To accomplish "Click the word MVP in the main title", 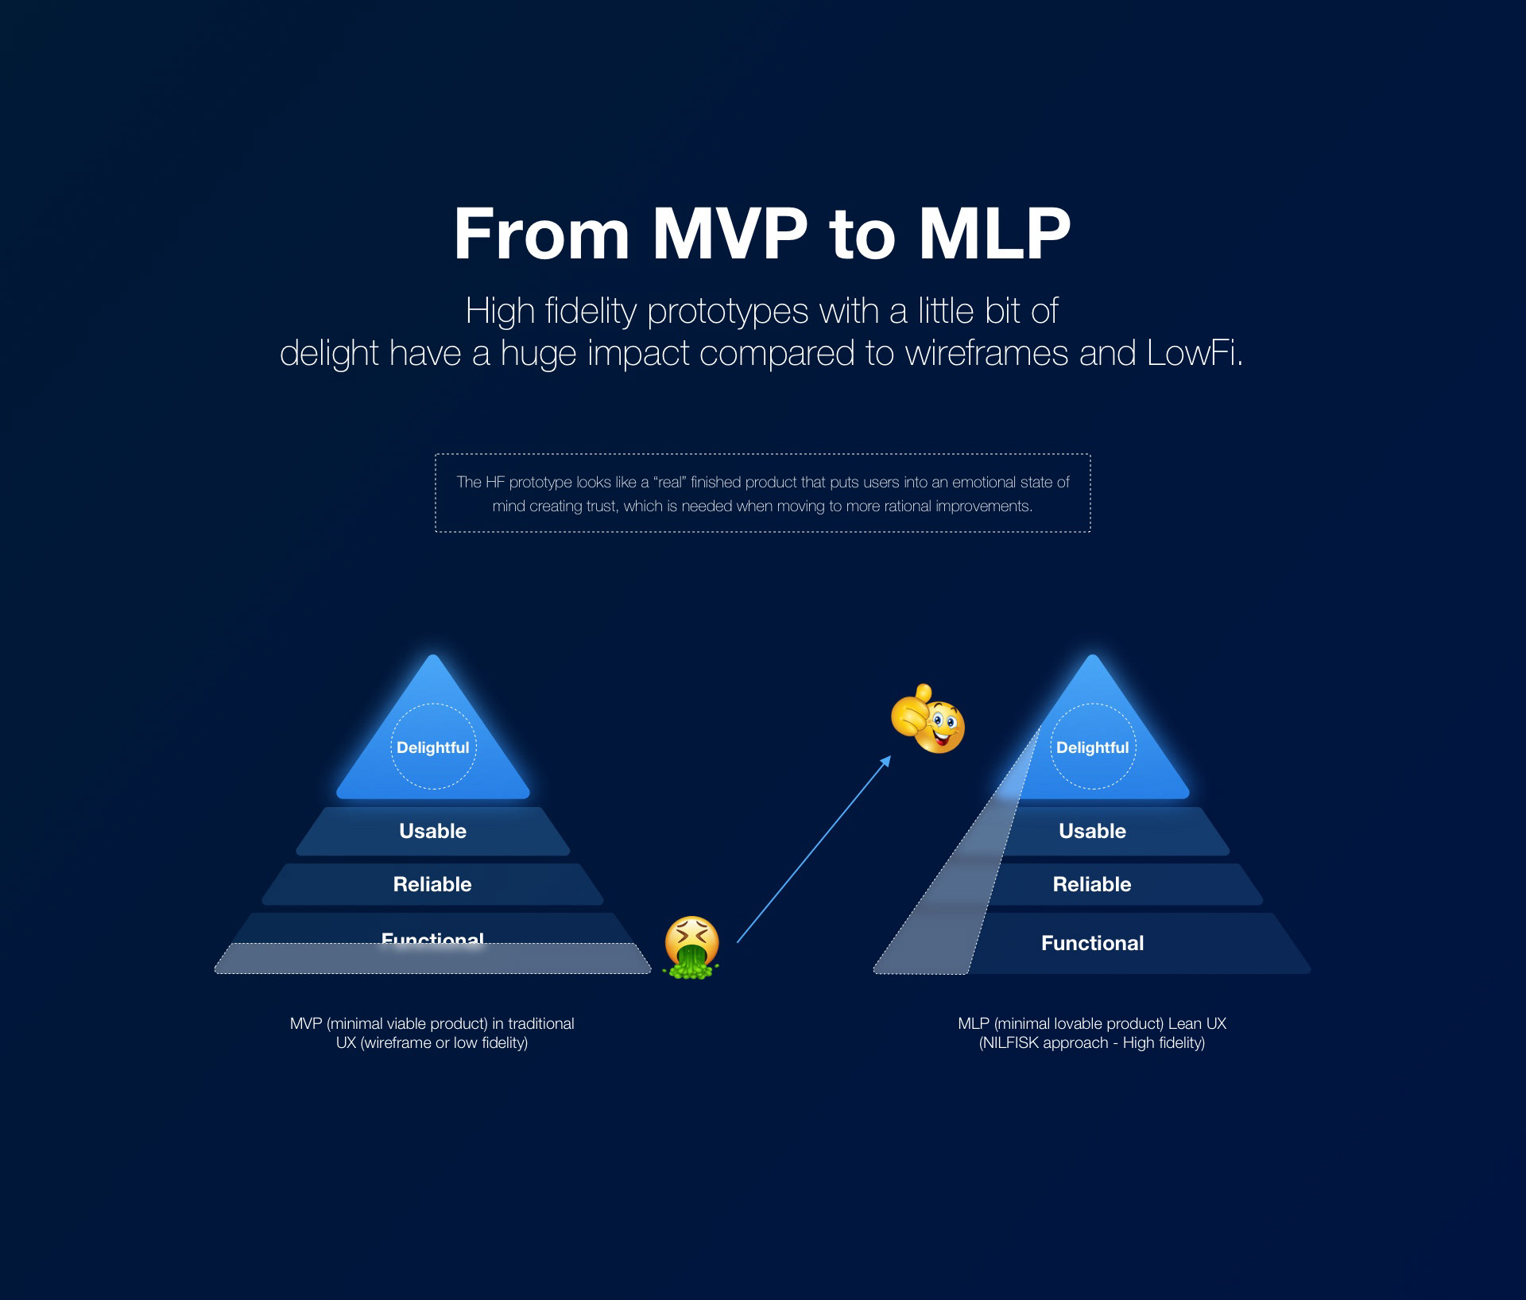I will tap(730, 235).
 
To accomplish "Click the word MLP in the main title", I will tap(994, 235).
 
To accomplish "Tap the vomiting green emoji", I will tap(691, 947).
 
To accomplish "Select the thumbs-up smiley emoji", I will tap(928, 720).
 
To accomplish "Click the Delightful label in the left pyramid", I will tap(433, 747).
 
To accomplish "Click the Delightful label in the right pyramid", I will tap(1092, 747).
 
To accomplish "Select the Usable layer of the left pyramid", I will tap(433, 831).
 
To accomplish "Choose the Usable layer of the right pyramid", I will tap(1092, 831).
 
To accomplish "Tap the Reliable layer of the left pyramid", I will tap(432, 884).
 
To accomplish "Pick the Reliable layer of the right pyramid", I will tap(1092, 884).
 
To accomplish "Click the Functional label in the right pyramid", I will tap(1092, 943).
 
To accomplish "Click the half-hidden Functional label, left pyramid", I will tap(432, 937).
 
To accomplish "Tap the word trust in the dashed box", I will tap(601, 506).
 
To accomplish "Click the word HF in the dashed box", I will tap(494, 483).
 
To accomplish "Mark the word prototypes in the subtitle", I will tap(727, 311).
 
